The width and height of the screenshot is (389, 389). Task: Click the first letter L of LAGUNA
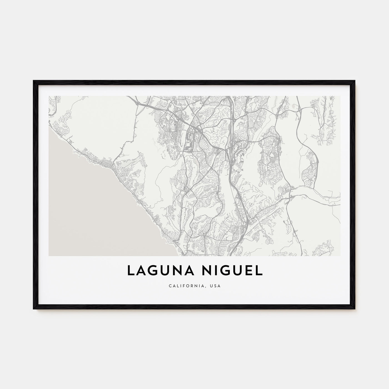tap(130, 271)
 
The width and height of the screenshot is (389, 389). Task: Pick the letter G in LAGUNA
tap(149, 271)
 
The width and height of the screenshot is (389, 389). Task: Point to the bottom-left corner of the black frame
tap(34, 309)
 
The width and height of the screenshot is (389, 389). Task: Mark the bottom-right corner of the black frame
tap(355, 309)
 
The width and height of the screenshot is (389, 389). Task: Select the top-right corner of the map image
tap(340, 96)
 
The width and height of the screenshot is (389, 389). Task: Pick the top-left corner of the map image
tap(49, 96)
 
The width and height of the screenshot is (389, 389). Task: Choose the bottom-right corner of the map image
tap(340, 256)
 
